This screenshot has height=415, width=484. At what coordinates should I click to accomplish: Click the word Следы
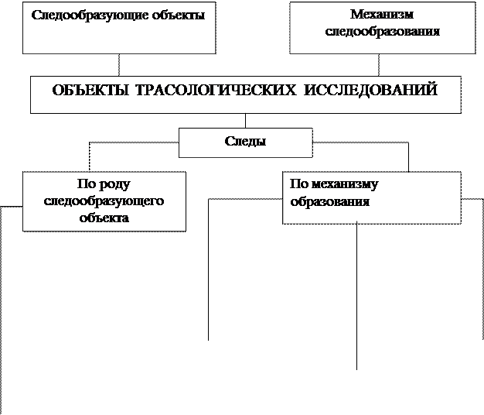click(x=245, y=142)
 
